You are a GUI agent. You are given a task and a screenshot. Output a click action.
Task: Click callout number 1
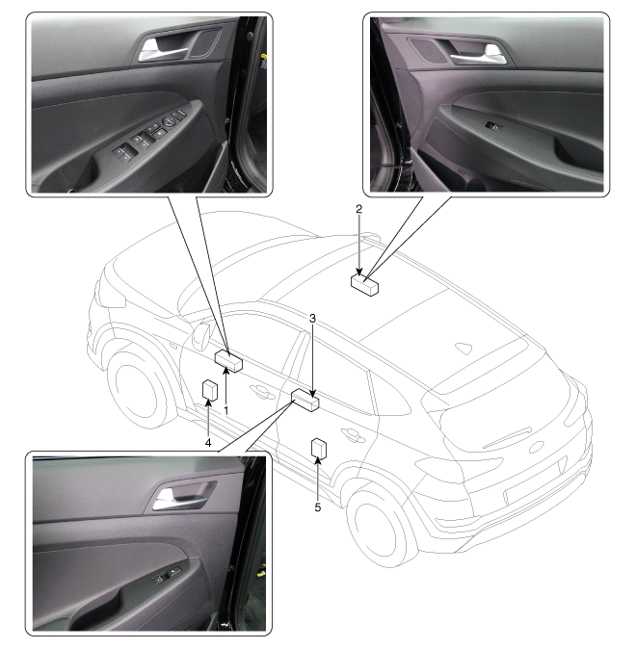(x=226, y=410)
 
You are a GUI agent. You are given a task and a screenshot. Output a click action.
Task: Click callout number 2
(x=358, y=209)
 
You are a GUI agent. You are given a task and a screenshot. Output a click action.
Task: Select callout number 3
(x=313, y=319)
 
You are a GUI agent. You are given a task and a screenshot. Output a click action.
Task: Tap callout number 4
(x=208, y=443)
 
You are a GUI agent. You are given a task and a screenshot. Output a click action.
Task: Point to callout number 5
(x=318, y=507)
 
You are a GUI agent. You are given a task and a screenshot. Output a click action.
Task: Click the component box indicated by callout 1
(x=228, y=361)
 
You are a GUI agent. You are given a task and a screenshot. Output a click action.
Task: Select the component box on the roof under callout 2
(x=364, y=285)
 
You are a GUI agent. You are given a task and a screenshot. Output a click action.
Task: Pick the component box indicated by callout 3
(x=305, y=401)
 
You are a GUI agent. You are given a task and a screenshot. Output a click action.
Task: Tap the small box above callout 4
(x=210, y=391)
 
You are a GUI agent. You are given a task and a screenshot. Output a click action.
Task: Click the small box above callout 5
(x=319, y=449)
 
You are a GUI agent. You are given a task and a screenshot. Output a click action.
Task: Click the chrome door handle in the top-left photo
(x=162, y=51)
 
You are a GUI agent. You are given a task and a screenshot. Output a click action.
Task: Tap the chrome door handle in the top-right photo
(x=481, y=57)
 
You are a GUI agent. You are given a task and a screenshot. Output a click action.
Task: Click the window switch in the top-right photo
(x=494, y=126)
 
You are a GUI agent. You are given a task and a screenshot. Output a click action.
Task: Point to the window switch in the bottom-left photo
(x=168, y=575)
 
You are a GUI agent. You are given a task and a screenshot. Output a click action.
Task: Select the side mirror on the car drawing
(x=201, y=336)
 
